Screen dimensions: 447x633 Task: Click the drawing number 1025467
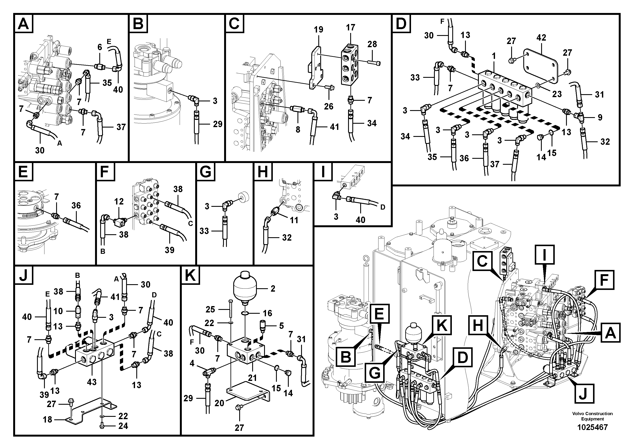coord(592,427)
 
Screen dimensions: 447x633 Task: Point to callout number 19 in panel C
coord(319,30)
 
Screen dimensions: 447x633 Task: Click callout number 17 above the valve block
coord(351,28)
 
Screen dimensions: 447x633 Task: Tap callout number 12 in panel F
coord(119,202)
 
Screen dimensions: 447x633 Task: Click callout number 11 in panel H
coord(294,220)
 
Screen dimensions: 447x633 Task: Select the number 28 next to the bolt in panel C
coord(372,44)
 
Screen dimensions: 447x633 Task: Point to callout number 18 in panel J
coord(47,419)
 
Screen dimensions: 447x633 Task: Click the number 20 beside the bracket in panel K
coord(219,403)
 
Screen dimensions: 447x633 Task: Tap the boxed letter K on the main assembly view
coord(442,325)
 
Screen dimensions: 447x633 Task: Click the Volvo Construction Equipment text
coord(592,416)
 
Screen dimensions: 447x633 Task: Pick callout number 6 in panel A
coord(100,47)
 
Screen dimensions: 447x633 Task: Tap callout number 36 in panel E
coord(76,205)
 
